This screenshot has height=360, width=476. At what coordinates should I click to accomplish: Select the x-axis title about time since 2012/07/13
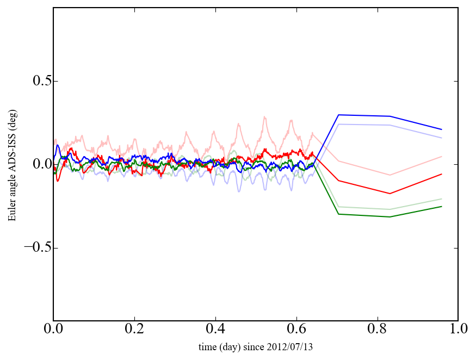pos(255,347)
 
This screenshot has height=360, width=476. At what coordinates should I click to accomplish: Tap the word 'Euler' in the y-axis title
pos(11,213)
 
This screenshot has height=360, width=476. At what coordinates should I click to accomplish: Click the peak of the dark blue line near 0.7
pos(338,115)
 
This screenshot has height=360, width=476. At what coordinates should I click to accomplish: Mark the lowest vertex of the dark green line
pos(390,217)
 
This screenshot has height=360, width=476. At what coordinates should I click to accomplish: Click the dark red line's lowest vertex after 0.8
pos(390,194)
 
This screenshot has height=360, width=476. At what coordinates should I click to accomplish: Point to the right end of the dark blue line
pos(442,129)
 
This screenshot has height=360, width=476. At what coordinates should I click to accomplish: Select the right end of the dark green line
pos(442,207)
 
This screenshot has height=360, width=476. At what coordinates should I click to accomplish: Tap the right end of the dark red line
pos(442,174)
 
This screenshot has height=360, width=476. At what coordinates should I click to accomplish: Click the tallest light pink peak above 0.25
pos(264,116)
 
